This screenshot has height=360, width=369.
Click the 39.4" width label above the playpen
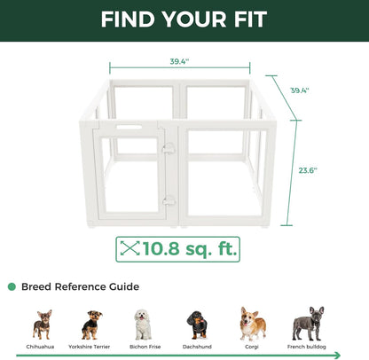coord(181,63)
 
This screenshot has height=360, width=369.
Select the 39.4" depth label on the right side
coord(302,90)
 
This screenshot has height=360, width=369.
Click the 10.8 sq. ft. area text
coord(190,249)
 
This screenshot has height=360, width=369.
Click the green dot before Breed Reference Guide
coord(12,287)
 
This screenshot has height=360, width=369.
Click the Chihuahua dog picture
coord(42,324)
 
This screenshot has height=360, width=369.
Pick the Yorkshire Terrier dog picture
coord(90,325)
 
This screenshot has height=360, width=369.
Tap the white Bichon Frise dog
coord(143,325)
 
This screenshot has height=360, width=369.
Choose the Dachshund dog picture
coord(197,325)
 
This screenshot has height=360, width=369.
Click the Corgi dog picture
coord(252,324)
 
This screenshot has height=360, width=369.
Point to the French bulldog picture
coord(308,324)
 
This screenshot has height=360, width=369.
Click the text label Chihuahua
coord(42,347)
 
